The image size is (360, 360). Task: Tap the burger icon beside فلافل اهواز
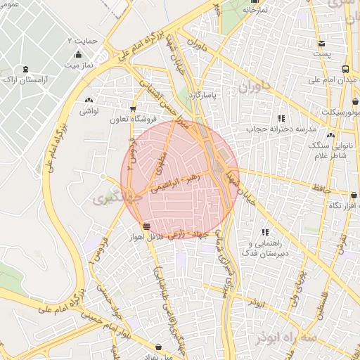146,226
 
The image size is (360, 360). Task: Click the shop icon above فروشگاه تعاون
133,108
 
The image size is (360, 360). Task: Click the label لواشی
87,112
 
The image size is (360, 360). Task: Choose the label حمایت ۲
82,40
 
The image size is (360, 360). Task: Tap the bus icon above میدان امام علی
345,69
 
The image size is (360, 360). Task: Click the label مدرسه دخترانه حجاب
280,129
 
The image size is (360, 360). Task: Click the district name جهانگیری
109,199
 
